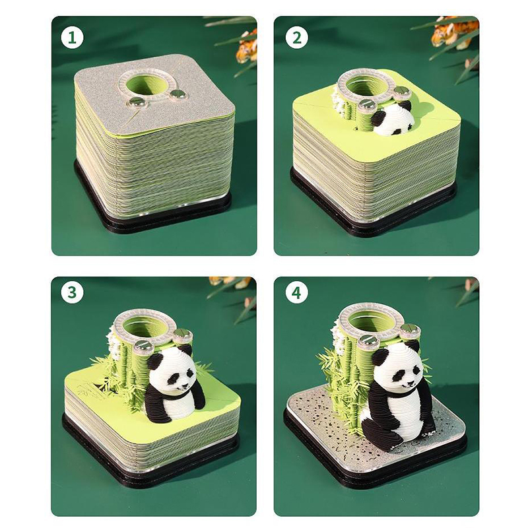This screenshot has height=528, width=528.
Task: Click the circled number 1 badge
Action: pyautogui.click(x=72, y=38)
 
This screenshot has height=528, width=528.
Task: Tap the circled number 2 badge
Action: pyautogui.click(x=296, y=38)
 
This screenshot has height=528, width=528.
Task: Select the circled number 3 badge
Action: pyautogui.click(x=72, y=292)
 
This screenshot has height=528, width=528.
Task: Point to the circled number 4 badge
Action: pyautogui.click(x=296, y=292)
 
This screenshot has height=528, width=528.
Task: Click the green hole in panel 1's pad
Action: pyautogui.click(x=145, y=86)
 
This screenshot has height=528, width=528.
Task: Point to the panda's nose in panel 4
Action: pyautogui.click(x=409, y=383)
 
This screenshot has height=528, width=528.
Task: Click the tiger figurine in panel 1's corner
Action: pyautogui.click(x=247, y=47)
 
